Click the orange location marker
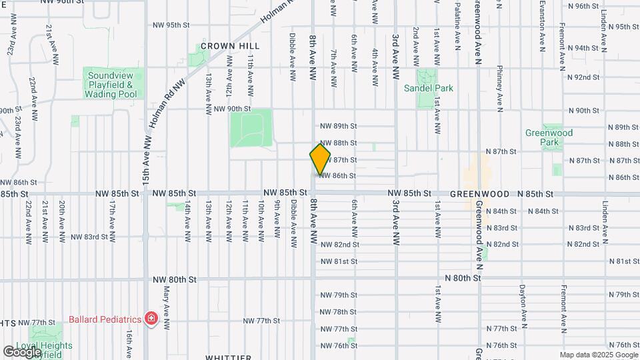(x=320, y=159)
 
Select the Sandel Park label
(x=428, y=87)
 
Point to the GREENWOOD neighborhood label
(x=479, y=194)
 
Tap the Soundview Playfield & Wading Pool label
(x=111, y=85)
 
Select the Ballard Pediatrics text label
(x=106, y=318)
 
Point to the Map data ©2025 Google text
(x=599, y=355)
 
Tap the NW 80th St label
(x=175, y=280)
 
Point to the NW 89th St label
(x=339, y=126)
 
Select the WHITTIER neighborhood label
(x=228, y=357)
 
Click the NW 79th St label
(x=339, y=295)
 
